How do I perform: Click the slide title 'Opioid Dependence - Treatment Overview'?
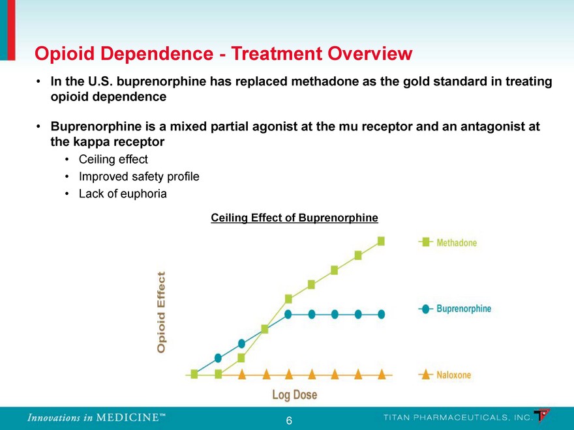[x=223, y=53]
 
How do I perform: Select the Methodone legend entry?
[x=455, y=242]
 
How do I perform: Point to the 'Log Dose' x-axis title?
[x=294, y=395]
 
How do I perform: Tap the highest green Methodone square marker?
[x=381, y=241]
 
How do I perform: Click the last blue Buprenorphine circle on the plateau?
[x=382, y=314]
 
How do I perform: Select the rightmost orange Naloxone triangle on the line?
[x=382, y=375]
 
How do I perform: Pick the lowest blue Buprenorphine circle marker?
[x=219, y=358]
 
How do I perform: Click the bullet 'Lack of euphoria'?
[x=122, y=193]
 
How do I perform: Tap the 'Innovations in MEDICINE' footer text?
[x=96, y=418]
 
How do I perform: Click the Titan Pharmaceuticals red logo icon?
[x=541, y=415]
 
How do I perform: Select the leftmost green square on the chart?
[x=194, y=374]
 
